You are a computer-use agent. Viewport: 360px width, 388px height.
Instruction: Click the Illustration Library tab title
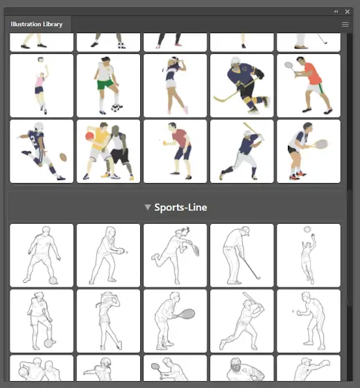tap(37, 24)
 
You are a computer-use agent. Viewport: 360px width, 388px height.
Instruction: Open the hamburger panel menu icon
tap(345, 24)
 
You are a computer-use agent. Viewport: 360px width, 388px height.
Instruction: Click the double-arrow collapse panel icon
tap(336, 11)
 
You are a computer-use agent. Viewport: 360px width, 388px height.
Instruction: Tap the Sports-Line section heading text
tap(180, 207)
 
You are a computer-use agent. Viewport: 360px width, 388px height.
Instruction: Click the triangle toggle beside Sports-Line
tap(148, 207)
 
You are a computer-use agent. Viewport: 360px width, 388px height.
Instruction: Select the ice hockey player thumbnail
tap(242, 86)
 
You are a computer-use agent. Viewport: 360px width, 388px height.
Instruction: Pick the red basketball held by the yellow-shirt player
tap(89, 136)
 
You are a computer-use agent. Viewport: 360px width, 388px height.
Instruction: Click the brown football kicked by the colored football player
tap(63, 157)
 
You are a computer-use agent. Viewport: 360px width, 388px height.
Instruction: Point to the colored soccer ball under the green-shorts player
tap(115, 108)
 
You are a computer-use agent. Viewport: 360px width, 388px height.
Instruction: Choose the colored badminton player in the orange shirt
tap(309, 86)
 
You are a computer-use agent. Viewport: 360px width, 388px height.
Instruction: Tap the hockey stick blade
tap(220, 99)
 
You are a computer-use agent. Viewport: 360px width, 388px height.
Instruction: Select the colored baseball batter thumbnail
tap(242, 152)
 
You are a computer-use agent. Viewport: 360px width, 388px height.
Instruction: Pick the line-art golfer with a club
tap(242, 256)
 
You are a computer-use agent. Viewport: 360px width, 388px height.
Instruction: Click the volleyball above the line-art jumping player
tap(307, 229)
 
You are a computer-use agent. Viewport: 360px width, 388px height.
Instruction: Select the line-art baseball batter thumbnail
tap(242, 321)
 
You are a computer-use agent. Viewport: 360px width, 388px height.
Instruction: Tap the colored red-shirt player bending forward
tap(175, 152)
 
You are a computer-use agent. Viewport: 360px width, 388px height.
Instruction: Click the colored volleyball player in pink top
tap(42, 86)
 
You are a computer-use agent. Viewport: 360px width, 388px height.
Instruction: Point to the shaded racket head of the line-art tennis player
tap(188, 314)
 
